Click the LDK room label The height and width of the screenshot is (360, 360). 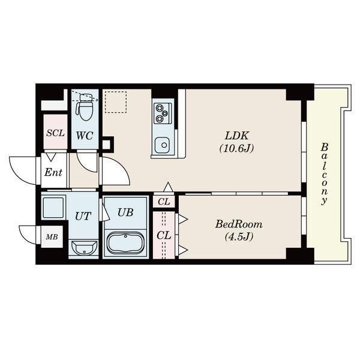point(236,136)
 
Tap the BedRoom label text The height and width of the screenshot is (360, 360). point(239,224)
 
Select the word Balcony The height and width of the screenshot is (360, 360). point(324,174)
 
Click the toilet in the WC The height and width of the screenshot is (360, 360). point(85,107)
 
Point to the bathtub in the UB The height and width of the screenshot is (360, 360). point(125,242)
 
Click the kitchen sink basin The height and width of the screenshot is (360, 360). point(162,145)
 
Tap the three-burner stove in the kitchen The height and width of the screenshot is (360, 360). point(161,113)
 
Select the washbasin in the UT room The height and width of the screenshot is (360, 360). point(84,248)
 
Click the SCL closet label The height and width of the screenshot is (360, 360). point(55,133)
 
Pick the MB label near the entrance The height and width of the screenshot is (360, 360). point(52,237)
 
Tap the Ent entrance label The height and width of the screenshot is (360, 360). point(53,172)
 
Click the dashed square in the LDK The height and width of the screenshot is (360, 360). point(116,102)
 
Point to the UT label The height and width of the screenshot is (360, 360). point(83,216)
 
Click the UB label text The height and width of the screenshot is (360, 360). point(125,212)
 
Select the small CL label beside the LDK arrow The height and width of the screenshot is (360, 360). point(164,202)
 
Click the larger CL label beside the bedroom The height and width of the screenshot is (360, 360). point(164,235)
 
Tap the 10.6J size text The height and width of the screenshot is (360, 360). point(236,149)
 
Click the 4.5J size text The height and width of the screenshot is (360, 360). point(239,237)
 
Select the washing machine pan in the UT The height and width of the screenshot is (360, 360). point(53,206)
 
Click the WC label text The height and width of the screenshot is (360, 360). point(85,136)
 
